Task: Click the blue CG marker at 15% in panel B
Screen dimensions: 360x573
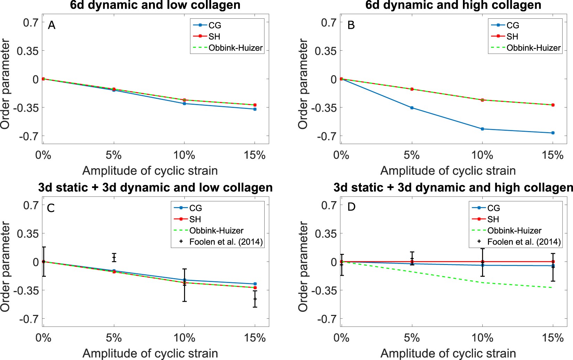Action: tap(553, 133)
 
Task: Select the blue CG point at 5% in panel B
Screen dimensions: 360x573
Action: tap(412, 108)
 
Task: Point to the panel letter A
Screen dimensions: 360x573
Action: tap(51, 25)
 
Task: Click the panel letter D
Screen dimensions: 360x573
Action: tap(351, 207)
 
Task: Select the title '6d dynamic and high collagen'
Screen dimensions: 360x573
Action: tap(453, 5)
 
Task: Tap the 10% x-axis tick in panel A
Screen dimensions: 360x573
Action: tap(184, 155)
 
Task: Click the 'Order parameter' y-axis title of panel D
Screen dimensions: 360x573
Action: tap(303, 267)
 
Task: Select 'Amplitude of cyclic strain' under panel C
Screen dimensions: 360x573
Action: tap(150, 353)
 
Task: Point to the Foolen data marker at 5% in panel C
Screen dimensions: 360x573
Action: tap(114, 258)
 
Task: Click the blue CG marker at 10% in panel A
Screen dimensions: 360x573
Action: tap(184, 103)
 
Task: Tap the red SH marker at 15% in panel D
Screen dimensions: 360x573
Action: tap(553, 262)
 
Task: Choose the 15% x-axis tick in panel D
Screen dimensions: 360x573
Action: tap(553, 338)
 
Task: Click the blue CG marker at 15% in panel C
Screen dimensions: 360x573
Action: tap(255, 284)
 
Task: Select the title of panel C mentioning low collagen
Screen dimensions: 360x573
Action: tap(155, 188)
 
